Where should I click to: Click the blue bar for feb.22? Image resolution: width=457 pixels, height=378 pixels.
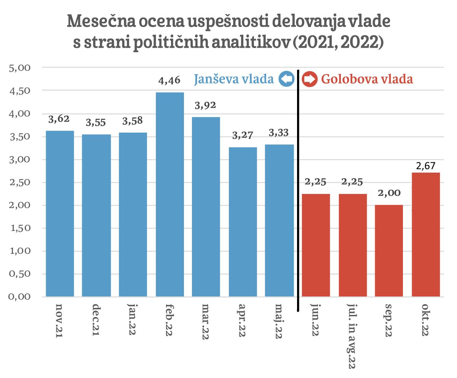pyautogui.click(x=170, y=194)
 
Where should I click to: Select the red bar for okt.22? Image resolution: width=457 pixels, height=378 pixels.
pyautogui.click(x=426, y=234)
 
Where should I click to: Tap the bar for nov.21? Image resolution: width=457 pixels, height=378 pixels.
pyautogui.click(x=60, y=213)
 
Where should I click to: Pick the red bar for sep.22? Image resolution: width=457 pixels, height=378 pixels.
pyautogui.click(x=389, y=250)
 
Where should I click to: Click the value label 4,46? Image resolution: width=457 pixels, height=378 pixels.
pyautogui.click(x=170, y=81)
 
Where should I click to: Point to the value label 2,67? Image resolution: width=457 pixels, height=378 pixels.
pyautogui.click(x=426, y=166)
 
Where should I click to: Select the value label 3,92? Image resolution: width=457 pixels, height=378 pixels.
pyautogui.click(x=206, y=106)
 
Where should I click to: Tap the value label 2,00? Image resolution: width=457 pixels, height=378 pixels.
pyautogui.click(x=389, y=193)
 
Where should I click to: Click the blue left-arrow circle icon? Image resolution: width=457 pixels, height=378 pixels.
pyautogui.click(x=286, y=79)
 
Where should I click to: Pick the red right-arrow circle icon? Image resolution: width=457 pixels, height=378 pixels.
pyautogui.click(x=310, y=80)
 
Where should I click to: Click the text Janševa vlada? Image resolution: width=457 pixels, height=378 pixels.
pyautogui.click(x=234, y=79)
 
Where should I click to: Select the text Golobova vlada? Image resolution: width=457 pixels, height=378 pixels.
pyautogui.click(x=367, y=79)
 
